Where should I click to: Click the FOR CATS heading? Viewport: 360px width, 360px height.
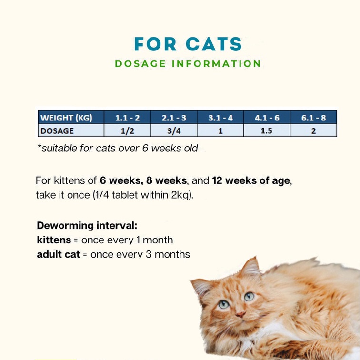(188, 44)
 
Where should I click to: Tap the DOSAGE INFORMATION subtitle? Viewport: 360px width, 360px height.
(188, 64)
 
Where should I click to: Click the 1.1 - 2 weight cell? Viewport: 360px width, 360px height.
(127, 118)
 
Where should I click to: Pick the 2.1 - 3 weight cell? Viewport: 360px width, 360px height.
(174, 118)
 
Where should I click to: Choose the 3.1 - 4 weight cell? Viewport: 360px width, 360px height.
(220, 118)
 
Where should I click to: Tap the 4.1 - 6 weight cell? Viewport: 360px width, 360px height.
(267, 118)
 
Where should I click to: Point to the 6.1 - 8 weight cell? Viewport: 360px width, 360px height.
(313, 118)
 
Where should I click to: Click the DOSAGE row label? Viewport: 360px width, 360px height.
(57, 130)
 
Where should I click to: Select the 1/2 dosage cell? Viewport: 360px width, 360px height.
(127, 130)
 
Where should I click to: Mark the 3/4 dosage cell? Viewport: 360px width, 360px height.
(174, 130)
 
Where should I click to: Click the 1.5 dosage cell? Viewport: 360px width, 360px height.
(267, 130)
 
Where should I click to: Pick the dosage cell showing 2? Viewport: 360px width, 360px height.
(313, 130)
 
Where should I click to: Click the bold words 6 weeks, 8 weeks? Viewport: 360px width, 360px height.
(144, 181)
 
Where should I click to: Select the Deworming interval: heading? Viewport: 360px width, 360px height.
(87, 225)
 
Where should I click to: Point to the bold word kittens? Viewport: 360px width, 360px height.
(54, 240)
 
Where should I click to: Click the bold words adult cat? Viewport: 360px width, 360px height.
(59, 254)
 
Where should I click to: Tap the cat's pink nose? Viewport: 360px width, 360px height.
(240, 314)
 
